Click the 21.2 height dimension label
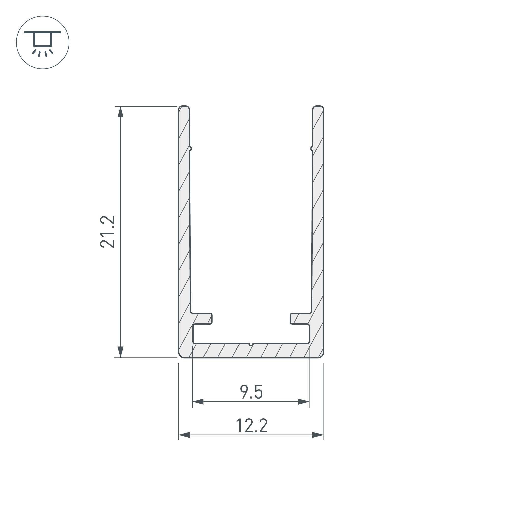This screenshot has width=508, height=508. point(107,232)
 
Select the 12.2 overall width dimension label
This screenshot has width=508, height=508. point(252,426)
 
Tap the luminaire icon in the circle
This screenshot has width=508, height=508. point(43,43)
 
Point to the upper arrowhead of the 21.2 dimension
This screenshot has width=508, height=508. point(120,112)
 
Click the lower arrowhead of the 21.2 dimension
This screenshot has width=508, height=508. point(120,352)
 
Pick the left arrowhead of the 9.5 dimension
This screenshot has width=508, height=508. point(198,402)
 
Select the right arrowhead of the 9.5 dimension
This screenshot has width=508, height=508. point(304,402)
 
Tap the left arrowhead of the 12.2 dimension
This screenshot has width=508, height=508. point(184,435)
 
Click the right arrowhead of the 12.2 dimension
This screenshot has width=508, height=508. point(318,435)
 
